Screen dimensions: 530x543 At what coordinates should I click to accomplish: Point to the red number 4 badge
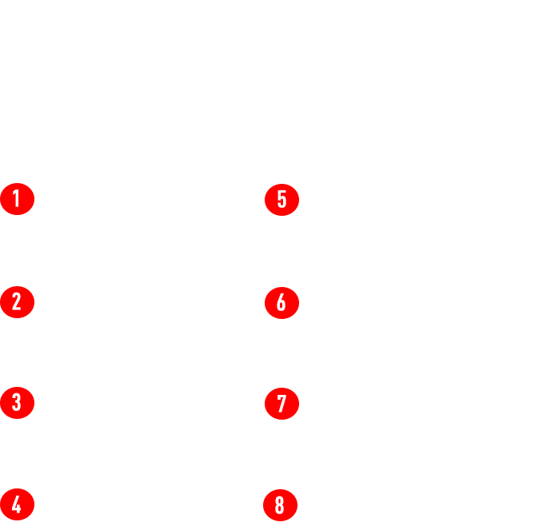coord(18,503)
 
